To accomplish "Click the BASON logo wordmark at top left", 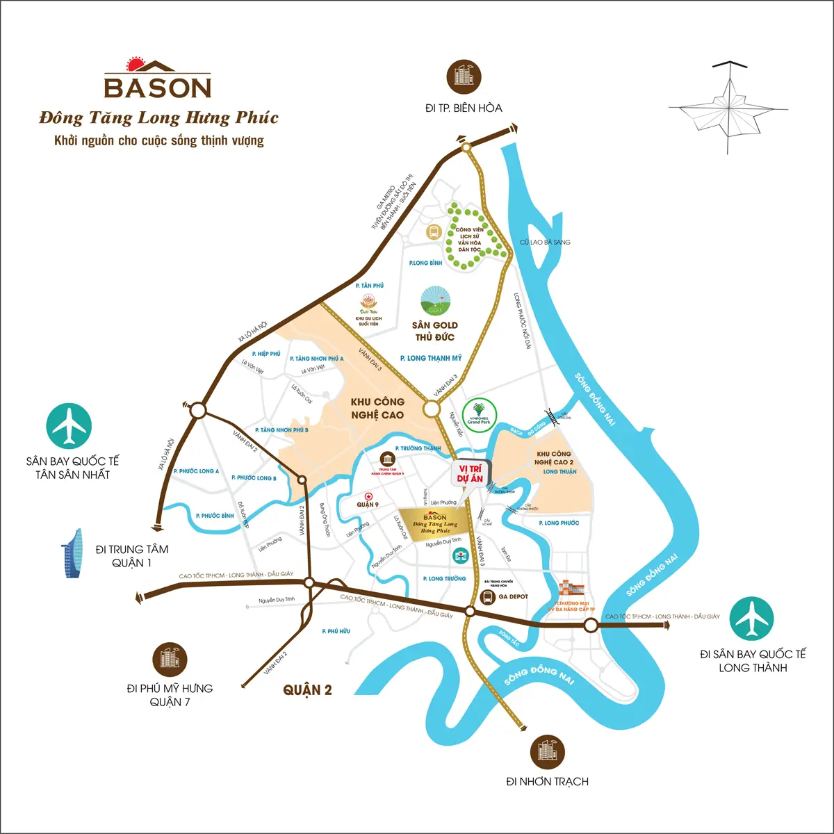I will point(158,87).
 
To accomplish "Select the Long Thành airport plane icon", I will point(752,618).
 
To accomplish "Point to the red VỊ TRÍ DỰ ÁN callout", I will point(471,474).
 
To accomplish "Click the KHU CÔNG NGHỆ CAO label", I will point(377,408).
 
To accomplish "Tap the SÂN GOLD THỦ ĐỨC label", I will point(434,331).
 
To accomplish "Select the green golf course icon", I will point(435,300).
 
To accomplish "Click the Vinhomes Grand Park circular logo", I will point(479,416).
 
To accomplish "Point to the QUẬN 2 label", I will point(307,690).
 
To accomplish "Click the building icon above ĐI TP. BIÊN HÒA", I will point(464,76).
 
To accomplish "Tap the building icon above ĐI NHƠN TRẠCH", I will point(547,751).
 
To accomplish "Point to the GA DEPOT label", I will point(513,596).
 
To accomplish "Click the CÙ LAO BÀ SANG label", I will point(545,242).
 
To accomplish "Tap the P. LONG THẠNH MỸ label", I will point(431,358).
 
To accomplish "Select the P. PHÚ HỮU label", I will point(336,631).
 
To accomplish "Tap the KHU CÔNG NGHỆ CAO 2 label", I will point(554,458).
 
